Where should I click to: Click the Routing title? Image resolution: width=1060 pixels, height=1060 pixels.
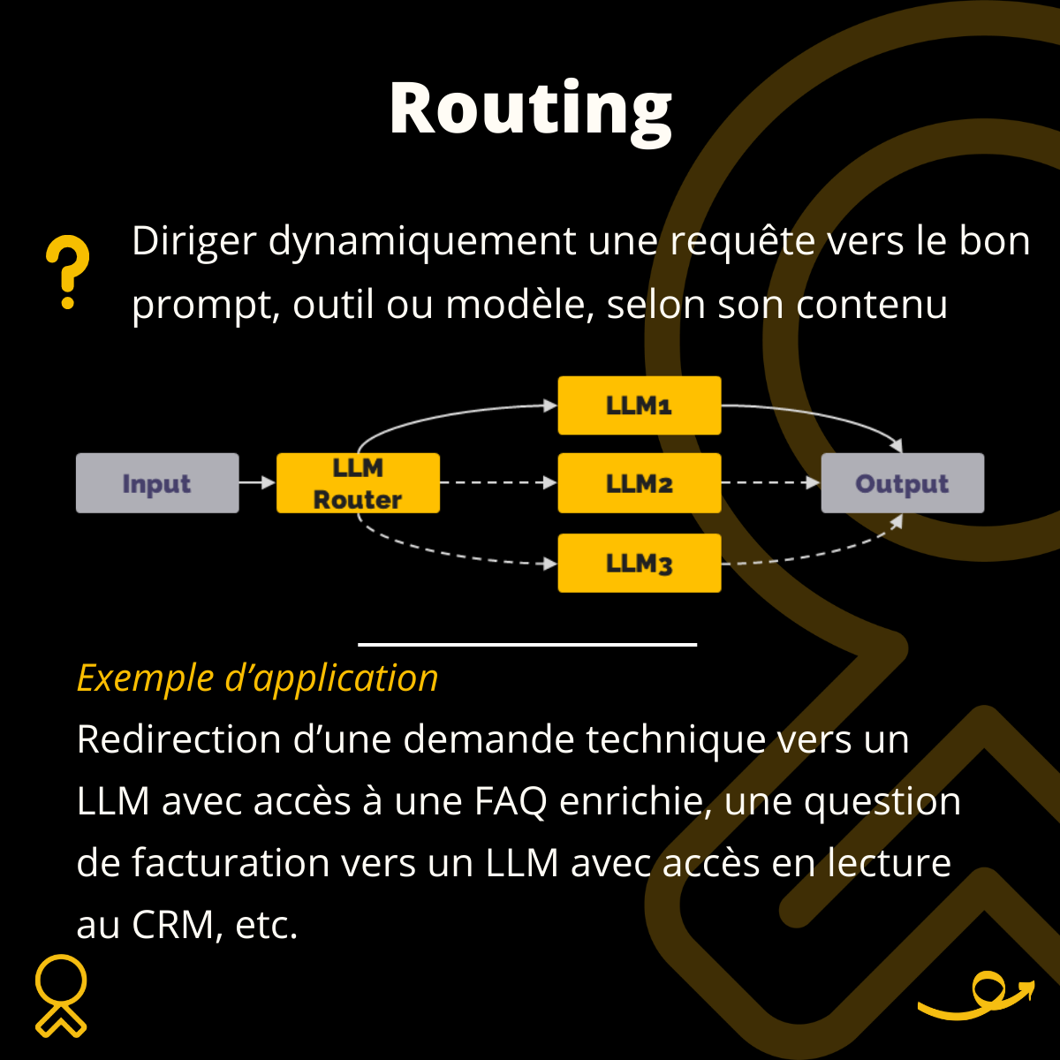point(530,109)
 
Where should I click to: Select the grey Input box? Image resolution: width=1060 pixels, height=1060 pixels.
point(157,483)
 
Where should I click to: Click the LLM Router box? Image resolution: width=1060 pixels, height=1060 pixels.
point(358,483)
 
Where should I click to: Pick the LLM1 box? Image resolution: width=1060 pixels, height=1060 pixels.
point(640,405)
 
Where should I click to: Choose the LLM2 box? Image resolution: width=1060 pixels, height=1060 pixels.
point(640,483)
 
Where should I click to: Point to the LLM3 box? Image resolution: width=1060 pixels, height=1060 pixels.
point(640,563)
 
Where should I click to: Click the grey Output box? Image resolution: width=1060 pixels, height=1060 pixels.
point(902,483)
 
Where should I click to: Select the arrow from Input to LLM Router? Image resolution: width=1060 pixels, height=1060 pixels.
point(257,483)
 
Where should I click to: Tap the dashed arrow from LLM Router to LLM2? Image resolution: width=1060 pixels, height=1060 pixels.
point(498,483)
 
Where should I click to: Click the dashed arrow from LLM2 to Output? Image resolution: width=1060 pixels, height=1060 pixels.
point(770,483)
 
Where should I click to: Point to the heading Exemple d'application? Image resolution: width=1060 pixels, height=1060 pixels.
point(257,678)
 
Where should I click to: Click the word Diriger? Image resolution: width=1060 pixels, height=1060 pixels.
point(193,241)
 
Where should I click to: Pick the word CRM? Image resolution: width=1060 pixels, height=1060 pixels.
point(177,925)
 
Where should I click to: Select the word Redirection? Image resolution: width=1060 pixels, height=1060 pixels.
point(178,739)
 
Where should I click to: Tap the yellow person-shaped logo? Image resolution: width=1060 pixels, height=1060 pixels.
point(61,996)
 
